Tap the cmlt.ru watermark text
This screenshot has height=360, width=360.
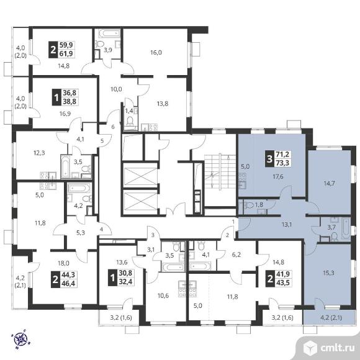[x=338, y=348]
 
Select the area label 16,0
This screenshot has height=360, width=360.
[x=156, y=53]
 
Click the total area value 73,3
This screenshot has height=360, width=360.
[x=283, y=163]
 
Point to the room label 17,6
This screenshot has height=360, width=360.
[x=278, y=177]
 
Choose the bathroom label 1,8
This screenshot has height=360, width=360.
[x=259, y=205]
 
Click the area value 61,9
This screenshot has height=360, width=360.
[x=66, y=54]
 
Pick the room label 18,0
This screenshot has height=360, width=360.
[x=63, y=263]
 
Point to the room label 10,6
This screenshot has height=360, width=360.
[x=163, y=295]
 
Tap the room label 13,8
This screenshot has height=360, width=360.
[x=163, y=104]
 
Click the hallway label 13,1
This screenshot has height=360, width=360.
[x=287, y=225]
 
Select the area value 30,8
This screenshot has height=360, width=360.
[x=125, y=274]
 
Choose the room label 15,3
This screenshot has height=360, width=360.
[x=328, y=273]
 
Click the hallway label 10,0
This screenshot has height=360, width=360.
[x=116, y=89]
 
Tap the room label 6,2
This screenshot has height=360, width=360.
[x=236, y=254]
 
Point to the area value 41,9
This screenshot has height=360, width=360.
[x=283, y=274]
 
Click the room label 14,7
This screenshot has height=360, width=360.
[x=329, y=184]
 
